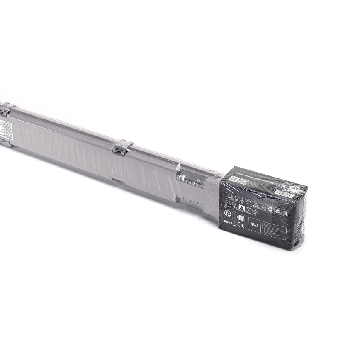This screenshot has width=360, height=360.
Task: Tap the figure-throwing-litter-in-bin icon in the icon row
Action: pos(285,212)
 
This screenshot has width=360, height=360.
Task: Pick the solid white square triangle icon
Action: pos(241,209)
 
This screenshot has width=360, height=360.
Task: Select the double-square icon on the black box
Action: pos(248,210)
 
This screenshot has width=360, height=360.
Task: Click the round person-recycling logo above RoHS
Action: pos(227,213)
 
